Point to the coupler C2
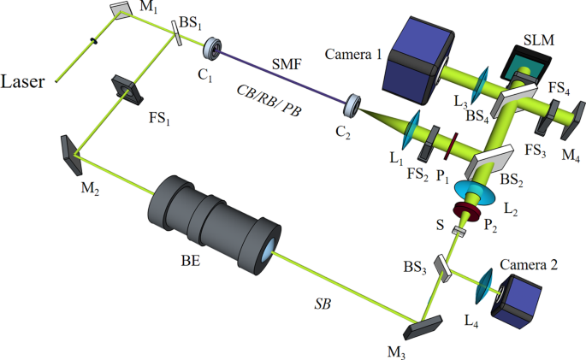tap(351, 106)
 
